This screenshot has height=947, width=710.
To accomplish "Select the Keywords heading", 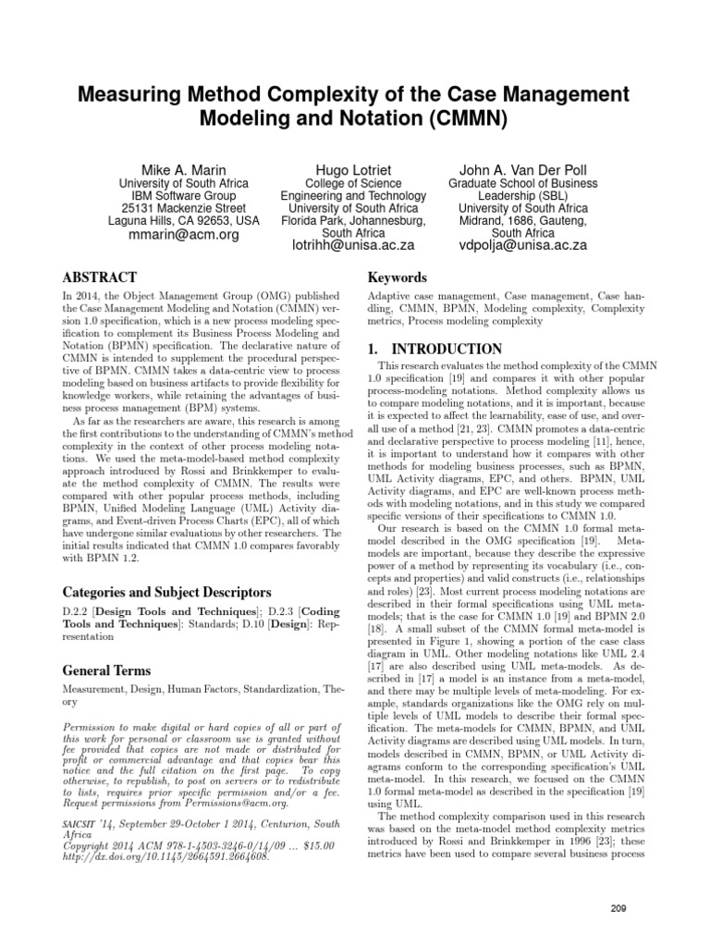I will click(x=398, y=277).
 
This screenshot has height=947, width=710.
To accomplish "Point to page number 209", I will click(x=618, y=883).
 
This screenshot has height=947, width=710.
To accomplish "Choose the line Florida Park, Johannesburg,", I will click(x=354, y=222).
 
